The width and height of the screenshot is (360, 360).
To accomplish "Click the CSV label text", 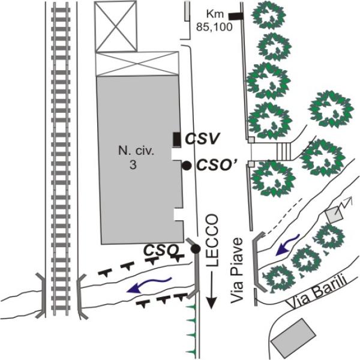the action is click(x=202, y=139).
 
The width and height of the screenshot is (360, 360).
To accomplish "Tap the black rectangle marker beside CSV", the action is click(x=176, y=139).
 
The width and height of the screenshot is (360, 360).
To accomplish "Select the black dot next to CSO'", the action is click(x=187, y=166).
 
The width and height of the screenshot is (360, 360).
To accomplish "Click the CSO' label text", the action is click(x=215, y=164).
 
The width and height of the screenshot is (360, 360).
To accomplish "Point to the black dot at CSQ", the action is click(x=196, y=248).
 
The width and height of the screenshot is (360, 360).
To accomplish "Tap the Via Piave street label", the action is click(x=237, y=270).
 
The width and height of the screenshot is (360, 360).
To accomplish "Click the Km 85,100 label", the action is click(x=214, y=20).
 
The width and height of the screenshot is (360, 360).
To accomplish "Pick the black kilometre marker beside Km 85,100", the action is click(x=236, y=16).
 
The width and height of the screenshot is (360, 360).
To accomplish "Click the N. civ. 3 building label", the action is click(x=136, y=158).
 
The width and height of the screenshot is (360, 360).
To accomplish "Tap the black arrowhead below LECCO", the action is click(x=212, y=302).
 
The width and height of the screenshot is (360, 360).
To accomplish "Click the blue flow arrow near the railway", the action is click(x=149, y=285).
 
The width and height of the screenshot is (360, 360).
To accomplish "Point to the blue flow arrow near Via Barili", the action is click(x=287, y=245).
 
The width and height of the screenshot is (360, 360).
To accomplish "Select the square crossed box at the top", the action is click(x=116, y=26).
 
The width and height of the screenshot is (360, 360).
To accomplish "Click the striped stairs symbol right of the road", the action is click(x=284, y=151).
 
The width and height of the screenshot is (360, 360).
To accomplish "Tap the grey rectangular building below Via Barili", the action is click(x=293, y=338).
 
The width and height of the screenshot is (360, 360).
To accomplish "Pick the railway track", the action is click(x=61, y=160).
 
